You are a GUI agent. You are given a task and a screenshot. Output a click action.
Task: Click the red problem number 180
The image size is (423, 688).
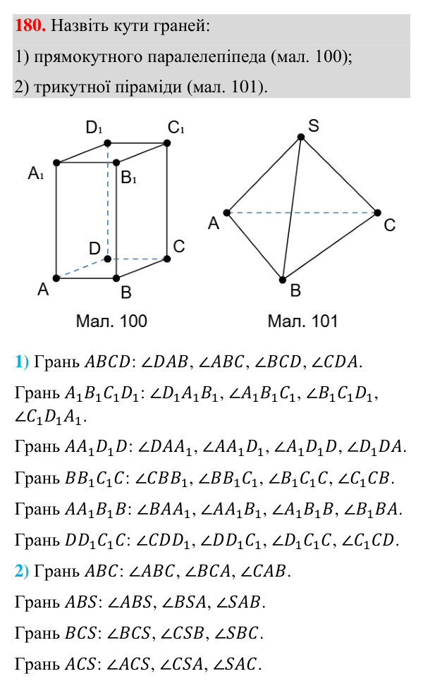30,25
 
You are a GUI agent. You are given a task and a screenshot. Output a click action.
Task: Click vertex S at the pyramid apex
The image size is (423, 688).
301,137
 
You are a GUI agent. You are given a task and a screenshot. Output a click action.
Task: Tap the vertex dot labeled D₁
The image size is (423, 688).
107,143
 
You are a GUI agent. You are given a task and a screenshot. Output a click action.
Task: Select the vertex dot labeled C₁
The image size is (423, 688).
167,143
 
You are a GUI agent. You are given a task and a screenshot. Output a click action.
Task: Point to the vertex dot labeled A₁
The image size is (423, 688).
56,163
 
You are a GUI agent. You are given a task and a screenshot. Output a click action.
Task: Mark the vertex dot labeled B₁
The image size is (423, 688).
116,163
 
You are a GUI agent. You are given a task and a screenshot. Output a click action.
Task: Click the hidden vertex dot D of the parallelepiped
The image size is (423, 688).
107,259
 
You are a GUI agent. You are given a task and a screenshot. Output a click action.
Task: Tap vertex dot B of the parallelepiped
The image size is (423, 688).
116,278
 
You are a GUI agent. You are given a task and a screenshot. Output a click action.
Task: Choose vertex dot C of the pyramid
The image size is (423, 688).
377,213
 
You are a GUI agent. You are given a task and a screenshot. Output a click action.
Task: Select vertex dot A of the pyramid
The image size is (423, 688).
227,213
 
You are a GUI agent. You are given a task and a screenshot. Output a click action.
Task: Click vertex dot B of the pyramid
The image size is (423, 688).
283,279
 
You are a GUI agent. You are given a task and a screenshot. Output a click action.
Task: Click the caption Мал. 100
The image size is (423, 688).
111,321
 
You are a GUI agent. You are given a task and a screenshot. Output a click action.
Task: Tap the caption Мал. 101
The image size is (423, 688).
302,321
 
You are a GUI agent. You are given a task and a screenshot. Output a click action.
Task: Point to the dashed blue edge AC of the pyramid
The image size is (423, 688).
302,213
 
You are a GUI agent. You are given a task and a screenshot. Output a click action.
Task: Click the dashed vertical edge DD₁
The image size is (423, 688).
108,201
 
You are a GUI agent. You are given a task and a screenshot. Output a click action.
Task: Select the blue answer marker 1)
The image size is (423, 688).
22,362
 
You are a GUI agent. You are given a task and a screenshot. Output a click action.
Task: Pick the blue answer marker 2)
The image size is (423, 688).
22,571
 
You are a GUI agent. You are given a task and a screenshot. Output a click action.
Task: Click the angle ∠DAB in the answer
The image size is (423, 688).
164,362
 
